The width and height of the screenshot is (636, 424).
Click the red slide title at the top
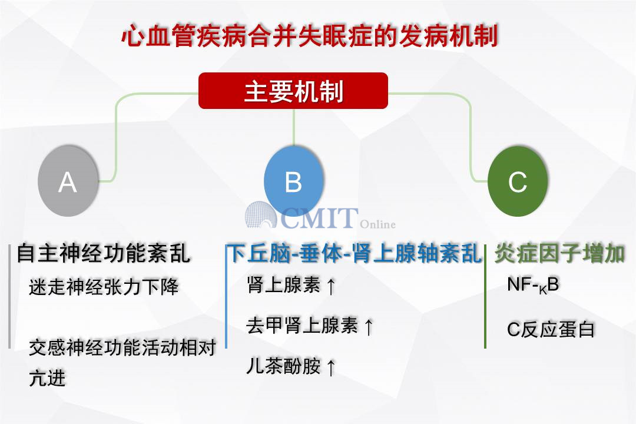[310, 36]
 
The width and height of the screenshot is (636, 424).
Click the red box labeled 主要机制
[293, 91]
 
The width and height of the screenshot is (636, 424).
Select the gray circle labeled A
[68, 181]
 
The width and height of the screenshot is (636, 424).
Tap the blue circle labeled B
[294, 181]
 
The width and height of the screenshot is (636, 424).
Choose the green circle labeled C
[518, 181]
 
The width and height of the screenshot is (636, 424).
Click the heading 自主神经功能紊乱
[104, 254]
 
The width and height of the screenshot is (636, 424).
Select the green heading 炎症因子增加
[560, 254]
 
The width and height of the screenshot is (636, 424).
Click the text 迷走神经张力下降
[104, 287]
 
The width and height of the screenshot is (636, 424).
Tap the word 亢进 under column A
[47, 377]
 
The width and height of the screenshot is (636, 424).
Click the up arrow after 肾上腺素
[331, 286]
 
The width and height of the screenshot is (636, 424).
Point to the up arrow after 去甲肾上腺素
[368, 327]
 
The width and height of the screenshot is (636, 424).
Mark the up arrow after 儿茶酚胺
[331, 367]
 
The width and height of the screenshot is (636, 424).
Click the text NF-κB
[533, 285]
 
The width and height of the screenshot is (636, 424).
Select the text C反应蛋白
[551, 329]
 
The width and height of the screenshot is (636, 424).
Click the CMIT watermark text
[319, 218]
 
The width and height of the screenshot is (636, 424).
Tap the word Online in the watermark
[377, 224]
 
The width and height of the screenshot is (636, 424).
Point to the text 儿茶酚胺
[283, 366]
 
